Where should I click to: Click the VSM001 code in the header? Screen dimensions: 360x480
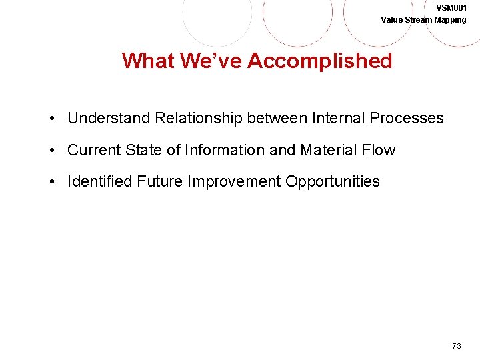click(x=451, y=7)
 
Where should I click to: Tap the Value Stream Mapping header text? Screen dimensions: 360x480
click(x=423, y=19)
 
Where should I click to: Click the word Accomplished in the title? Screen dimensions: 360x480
click(x=319, y=61)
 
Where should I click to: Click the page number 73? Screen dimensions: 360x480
click(x=456, y=345)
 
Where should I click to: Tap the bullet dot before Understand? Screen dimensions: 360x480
click(x=51, y=119)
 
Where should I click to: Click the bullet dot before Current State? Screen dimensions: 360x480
click(x=51, y=151)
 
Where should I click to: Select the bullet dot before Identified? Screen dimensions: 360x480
click(x=51, y=182)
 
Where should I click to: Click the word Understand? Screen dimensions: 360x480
click(x=109, y=119)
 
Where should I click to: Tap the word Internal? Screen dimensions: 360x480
click(x=339, y=119)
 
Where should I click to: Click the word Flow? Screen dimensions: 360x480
click(x=379, y=151)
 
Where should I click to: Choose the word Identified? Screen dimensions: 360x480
click(x=100, y=182)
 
